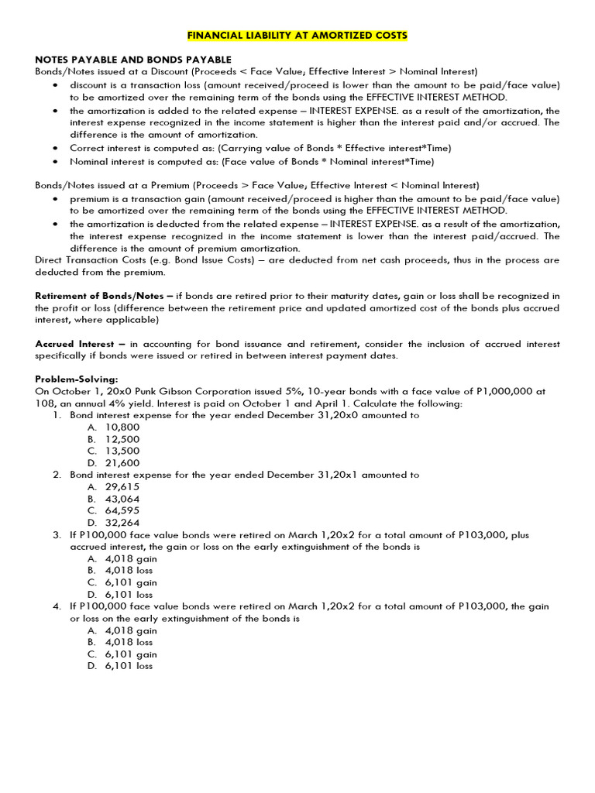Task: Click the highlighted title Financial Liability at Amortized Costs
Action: pos(297,36)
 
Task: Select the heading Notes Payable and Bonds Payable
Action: pos(133,60)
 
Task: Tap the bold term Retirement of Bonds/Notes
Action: pos(103,296)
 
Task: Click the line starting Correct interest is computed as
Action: pos(260,148)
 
